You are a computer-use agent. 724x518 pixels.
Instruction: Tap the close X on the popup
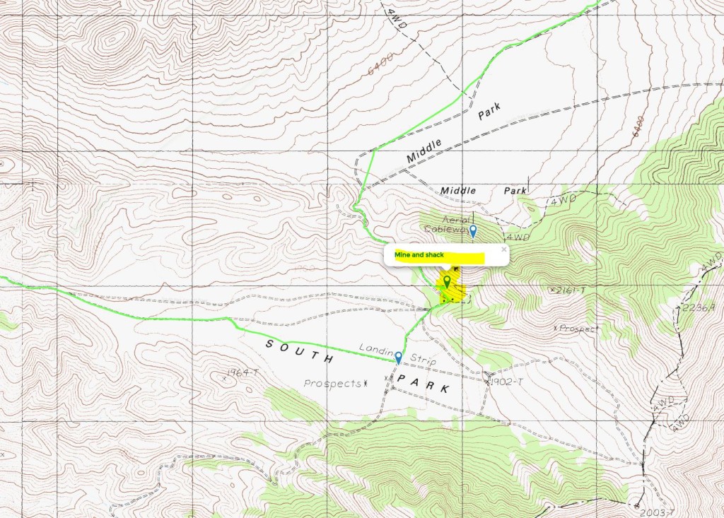[503, 249]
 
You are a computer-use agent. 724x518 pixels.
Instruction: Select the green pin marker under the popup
[447, 283]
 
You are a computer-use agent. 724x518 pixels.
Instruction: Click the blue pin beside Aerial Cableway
[473, 230]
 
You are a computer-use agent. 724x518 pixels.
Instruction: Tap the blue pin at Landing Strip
[399, 357]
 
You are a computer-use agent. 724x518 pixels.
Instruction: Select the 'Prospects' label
[332, 384]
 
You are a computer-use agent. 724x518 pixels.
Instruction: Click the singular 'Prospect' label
[578, 329]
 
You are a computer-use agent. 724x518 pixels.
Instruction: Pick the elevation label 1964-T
[243, 372]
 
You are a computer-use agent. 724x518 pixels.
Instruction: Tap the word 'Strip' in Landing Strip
[421, 361]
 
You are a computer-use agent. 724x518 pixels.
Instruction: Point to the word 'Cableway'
[445, 229]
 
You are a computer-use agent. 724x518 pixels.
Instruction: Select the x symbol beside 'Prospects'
[366, 384]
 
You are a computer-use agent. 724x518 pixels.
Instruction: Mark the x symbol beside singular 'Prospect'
[556, 329]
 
